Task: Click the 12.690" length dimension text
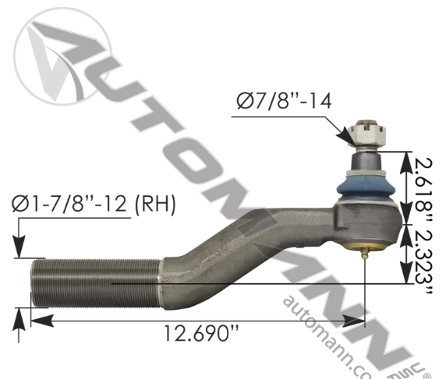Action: pos(201,333)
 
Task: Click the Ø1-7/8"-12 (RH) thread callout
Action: pos(94,205)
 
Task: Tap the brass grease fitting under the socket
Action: pos(366,251)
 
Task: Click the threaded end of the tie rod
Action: pos(94,284)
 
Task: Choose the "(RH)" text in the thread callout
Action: pos(156,205)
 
